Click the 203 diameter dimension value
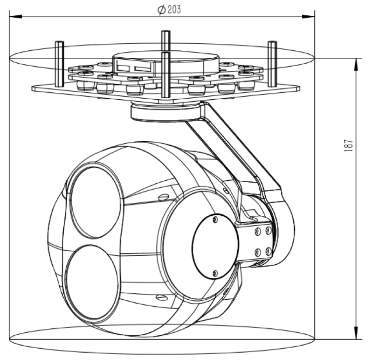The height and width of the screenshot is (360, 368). click(173, 10)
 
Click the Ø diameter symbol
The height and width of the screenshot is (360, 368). click(162, 10)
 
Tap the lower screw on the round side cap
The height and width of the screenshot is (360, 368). click(214, 273)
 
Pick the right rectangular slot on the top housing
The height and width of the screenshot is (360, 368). click(144, 66)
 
